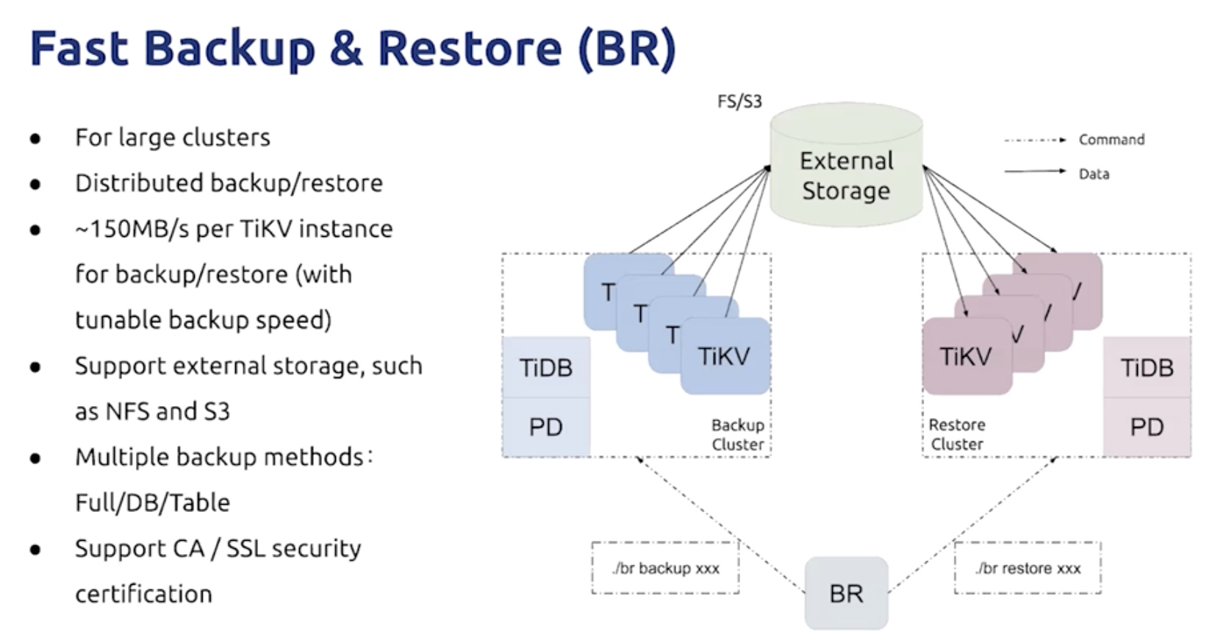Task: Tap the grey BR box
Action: point(846,593)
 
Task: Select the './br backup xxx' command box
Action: point(665,568)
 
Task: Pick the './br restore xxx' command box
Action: point(1028,568)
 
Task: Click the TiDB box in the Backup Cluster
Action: point(545,368)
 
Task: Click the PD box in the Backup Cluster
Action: point(545,427)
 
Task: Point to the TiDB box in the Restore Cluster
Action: point(1147,368)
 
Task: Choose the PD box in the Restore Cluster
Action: point(1147,427)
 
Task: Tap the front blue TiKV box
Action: point(725,356)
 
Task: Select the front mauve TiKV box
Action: point(966,356)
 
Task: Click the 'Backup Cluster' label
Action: point(737,435)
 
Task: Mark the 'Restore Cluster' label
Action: point(956,435)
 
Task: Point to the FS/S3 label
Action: point(739,102)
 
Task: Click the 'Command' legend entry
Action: point(1111,140)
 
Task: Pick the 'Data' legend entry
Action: point(1094,174)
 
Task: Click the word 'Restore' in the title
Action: point(470,49)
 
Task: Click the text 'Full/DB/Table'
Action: point(152,502)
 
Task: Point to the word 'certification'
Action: point(143,594)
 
